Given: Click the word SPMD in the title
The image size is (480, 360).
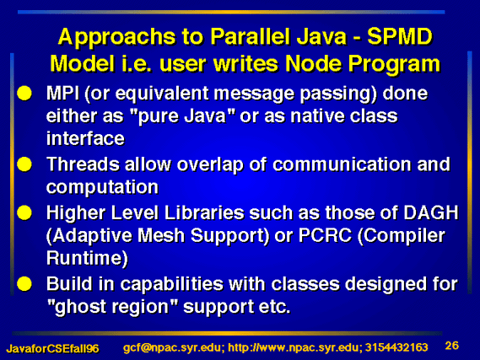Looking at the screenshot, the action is (x=400, y=37).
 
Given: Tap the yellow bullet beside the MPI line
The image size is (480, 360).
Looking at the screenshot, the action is (x=24, y=93).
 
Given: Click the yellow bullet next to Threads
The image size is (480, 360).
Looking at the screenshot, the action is (x=24, y=164).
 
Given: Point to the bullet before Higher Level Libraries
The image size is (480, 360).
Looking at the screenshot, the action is (x=24, y=212).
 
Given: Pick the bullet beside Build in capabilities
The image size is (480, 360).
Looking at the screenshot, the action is (x=24, y=284).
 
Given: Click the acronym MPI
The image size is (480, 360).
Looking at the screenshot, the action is (x=62, y=93).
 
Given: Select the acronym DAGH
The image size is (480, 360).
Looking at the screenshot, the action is (x=431, y=212).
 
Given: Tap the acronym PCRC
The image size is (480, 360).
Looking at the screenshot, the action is (x=325, y=235).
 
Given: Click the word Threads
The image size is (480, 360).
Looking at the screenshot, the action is (x=83, y=164).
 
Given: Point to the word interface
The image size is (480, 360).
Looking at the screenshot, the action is (x=85, y=138).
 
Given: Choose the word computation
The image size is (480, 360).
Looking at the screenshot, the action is (x=102, y=187).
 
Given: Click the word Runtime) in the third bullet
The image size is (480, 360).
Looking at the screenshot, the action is (x=87, y=259).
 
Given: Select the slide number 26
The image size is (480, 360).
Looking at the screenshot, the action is (x=452, y=346).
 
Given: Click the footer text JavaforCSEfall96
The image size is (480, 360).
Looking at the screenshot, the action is (x=52, y=349).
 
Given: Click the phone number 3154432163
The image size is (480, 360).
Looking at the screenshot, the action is (x=396, y=347).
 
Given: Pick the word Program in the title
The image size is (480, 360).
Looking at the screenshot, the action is (x=394, y=64).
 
